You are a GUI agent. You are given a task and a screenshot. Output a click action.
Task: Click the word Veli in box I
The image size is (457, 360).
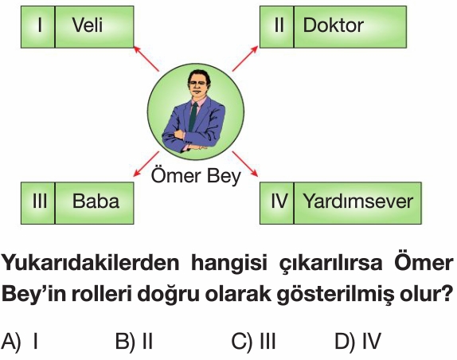click(87, 25)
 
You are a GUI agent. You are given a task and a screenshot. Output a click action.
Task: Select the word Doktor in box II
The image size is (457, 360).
click(333, 25)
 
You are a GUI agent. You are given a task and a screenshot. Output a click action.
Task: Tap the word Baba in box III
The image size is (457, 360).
click(96, 202)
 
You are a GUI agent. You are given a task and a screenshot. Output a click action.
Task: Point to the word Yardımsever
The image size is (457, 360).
click(358, 202)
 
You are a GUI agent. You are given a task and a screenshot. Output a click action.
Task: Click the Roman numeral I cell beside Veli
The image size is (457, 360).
click(38, 27)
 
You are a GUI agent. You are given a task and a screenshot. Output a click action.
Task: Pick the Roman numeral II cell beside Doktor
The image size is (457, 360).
click(277, 27)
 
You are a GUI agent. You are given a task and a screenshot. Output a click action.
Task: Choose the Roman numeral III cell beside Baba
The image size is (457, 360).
click(38, 203)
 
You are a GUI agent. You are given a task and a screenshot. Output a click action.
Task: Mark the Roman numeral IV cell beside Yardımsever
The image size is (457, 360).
click(277, 203)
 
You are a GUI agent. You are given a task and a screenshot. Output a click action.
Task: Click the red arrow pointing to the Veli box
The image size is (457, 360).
click(146, 59)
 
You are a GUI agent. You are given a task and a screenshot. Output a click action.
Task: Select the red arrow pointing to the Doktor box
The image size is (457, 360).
click(245, 58)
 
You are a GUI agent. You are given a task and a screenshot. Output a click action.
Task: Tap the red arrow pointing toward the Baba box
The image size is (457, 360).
click(146, 164)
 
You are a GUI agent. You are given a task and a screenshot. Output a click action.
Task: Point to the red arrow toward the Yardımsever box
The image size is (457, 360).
click(245, 164)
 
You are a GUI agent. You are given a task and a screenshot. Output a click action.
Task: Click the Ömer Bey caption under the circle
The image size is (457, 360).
click(196, 177)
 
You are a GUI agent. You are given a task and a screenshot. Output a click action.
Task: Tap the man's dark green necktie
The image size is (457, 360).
click(193, 116)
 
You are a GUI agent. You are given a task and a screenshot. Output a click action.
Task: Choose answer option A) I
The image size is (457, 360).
click(20, 341)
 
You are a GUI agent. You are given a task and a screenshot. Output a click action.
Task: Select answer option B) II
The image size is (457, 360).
click(134, 341)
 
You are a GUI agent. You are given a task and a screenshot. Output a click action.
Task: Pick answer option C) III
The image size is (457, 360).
click(253, 341)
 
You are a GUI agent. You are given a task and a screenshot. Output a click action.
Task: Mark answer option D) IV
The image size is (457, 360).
click(358, 341)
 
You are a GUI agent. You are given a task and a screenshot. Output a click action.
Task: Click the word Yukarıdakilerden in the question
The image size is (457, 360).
click(90, 263)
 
